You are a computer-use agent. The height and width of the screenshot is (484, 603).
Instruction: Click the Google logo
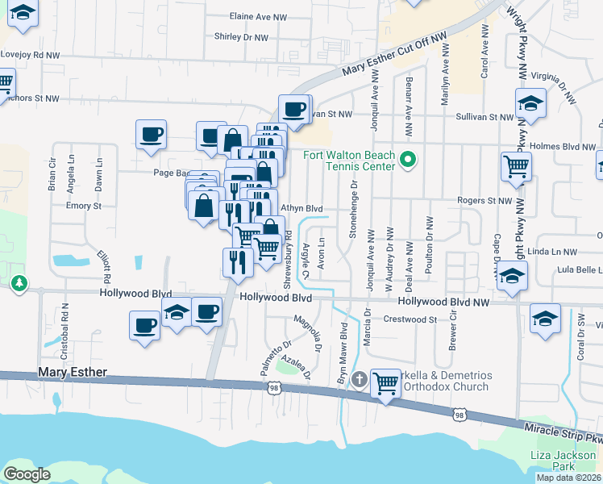27,474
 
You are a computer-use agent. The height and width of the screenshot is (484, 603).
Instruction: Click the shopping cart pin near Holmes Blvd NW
516,167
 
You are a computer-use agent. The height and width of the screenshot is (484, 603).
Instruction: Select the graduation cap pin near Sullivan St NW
530,103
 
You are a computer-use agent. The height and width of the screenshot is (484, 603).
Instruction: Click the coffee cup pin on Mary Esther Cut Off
294,108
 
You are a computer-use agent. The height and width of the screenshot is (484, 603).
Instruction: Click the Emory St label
83,206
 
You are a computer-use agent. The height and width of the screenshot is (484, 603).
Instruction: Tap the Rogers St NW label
484,200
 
